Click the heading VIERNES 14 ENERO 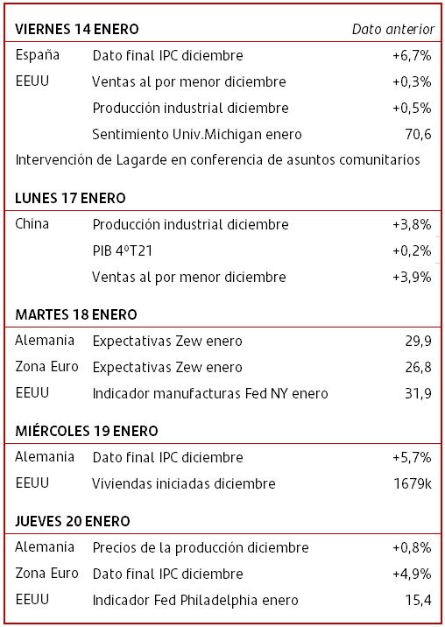tap(77, 29)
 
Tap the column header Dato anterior tap(393, 29)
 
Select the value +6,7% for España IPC tap(412, 55)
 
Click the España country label tap(37, 55)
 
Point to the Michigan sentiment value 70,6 tap(418, 134)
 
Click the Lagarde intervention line tap(218, 160)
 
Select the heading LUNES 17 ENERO tap(70, 198)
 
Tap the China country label tap(32, 224)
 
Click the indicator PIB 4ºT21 tap(123, 250)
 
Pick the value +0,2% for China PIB tap(412, 250)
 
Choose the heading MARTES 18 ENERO tap(76, 314)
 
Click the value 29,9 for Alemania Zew tap(418, 342)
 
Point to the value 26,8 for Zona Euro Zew tap(418, 367)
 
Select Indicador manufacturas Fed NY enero tap(210, 393)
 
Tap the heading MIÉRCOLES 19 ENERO tap(87, 431)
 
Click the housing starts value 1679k tap(413, 483)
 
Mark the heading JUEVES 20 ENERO tap(73, 521)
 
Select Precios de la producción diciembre tap(201, 548)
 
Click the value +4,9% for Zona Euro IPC tap(412, 574)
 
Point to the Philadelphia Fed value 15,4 tap(418, 600)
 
